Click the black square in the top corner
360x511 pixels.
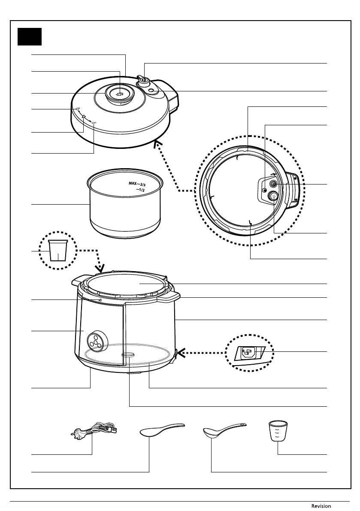[x=30, y=36]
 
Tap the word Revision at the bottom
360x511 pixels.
[x=321, y=506]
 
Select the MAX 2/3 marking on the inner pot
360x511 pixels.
[x=137, y=184]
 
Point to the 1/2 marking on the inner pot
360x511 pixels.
[x=141, y=190]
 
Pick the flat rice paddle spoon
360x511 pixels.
[x=162, y=430]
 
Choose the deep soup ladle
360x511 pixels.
[x=224, y=430]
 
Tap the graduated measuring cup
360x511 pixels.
[x=278, y=431]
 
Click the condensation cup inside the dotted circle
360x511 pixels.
[x=57, y=251]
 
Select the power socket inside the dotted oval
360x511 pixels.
[x=250, y=353]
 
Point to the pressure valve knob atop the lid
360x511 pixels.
[x=143, y=80]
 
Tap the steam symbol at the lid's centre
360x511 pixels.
[x=120, y=94]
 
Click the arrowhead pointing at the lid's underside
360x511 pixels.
[x=157, y=144]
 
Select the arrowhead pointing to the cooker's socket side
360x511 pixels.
[x=180, y=353]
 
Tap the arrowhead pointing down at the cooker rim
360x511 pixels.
[x=101, y=269]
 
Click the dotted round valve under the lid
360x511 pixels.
[x=274, y=196]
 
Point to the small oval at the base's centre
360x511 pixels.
[x=128, y=354]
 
